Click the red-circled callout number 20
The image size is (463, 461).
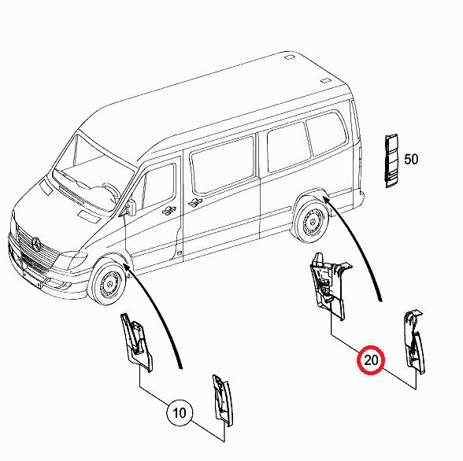coord(371,360)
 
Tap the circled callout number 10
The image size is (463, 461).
coord(180,413)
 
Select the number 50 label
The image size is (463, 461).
coord(411,159)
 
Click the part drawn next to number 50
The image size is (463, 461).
coord(391,160)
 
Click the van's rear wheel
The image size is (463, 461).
coord(311,220)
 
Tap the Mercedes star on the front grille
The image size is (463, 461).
coord(36,244)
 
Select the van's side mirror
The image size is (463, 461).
coord(131,208)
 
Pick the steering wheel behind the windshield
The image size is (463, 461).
coord(111,194)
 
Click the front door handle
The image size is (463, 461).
coord(169,211)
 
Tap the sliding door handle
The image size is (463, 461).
coord(195,202)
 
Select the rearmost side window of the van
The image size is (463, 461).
coord(326,134)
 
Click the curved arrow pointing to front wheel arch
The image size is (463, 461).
coord(158,310)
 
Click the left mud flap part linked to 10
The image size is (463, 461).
coord(136,342)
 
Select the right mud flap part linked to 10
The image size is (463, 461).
coord(223,400)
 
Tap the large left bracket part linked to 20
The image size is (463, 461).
coord(328,286)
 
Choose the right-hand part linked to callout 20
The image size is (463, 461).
coord(414,341)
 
